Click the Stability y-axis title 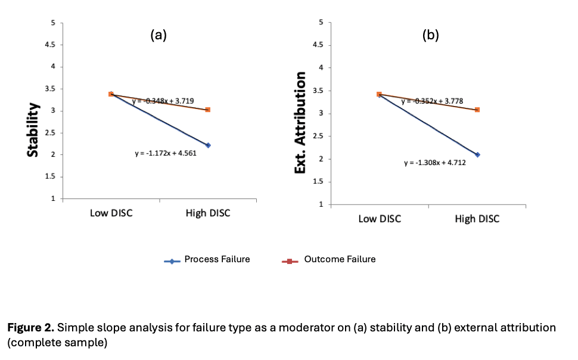click(34, 131)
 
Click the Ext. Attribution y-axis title click(301, 123)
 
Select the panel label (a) click(158, 35)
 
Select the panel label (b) click(430, 35)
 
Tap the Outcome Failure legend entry click(340, 259)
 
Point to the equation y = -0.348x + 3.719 click(162, 101)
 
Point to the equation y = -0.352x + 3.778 click(432, 101)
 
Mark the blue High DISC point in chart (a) click(207, 145)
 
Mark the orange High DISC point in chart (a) click(207, 110)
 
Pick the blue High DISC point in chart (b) click(477, 155)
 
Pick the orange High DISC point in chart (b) click(477, 110)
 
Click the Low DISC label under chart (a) click(111, 214)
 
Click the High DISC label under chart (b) click(477, 219)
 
